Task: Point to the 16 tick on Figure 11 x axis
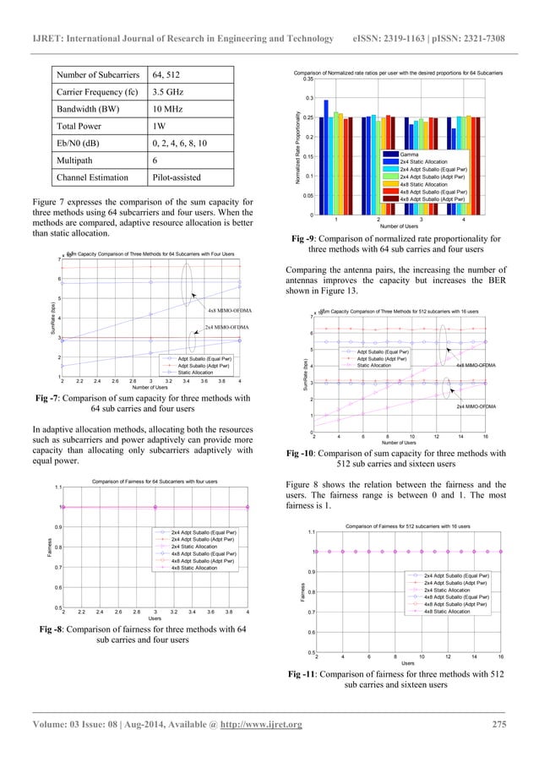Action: pos(501,656)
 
